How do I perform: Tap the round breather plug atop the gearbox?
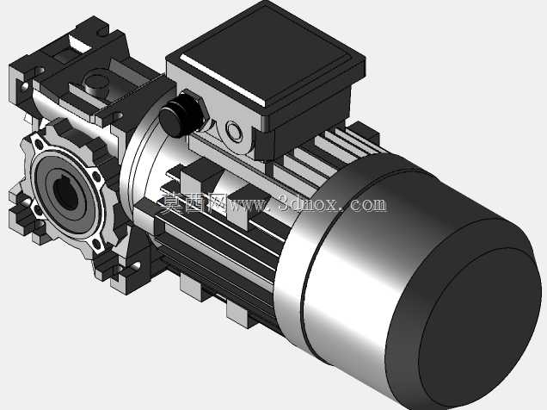pyautogui.click(x=96, y=84)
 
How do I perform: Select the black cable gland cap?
pyautogui.click(x=179, y=115)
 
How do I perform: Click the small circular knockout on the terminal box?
pyautogui.click(x=233, y=131)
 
